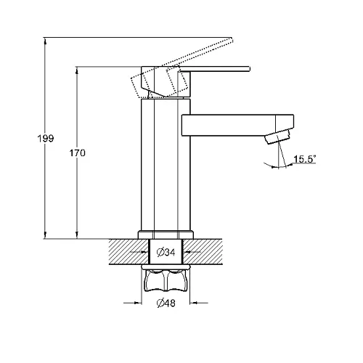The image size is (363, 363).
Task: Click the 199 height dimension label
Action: click(46, 139)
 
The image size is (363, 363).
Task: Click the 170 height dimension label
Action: click(78, 153)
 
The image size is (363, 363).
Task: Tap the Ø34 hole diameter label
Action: click(166, 253)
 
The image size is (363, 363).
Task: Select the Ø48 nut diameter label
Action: click(166, 303)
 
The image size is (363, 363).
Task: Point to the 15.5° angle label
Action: click(305, 159)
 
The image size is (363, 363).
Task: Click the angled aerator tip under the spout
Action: click(277, 136)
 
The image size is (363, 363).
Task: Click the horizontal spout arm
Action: click(238, 125)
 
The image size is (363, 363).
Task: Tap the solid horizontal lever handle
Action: click(215, 69)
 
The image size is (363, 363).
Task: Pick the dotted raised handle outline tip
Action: click(231, 40)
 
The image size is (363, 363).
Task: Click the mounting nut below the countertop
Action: click(166, 280)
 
